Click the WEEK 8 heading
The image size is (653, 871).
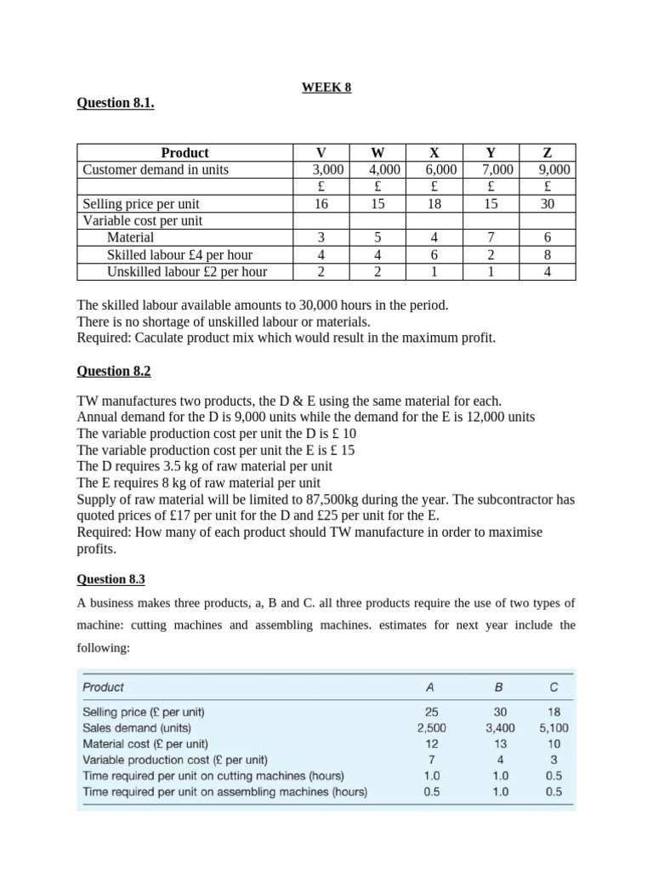[326, 87]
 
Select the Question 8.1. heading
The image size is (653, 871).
[116, 103]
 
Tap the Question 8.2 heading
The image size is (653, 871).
[114, 371]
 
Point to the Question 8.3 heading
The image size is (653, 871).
[111, 579]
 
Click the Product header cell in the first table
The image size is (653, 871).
[185, 152]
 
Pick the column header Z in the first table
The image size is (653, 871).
[547, 152]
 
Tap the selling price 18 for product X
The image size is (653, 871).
[434, 204]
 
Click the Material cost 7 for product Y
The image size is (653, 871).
[491, 238]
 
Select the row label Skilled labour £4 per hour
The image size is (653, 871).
[179, 255]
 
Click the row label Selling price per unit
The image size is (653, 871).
[141, 204]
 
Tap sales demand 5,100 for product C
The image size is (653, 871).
[554, 728]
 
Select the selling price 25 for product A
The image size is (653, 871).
[432, 712]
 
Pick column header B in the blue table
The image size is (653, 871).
[499, 687]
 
